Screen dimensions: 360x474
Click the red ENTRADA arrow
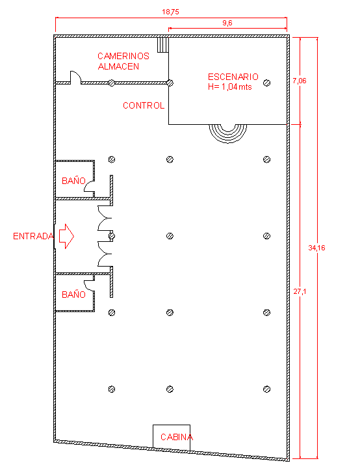tap(66, 236)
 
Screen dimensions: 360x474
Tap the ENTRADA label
tap(34, 236)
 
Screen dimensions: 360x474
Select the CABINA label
tap(177, 437)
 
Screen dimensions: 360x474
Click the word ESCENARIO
tap(233, 77)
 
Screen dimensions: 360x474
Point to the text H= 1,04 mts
tap(230, 87)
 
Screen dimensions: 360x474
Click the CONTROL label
tap(144, 105)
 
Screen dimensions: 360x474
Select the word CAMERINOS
tap(123, 56)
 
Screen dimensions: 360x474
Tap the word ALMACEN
tap(118, 66)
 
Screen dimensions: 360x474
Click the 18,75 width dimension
tap(171, 12)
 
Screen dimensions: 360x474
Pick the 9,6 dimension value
tap(227, 23)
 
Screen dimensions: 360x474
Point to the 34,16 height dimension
tap(317, 248)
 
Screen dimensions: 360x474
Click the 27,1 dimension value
tap(300, 292)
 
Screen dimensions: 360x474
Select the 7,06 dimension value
tap(300, 81)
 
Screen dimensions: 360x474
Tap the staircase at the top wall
tap(163, 45)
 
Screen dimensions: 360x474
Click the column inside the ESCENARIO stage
tap(266, 83)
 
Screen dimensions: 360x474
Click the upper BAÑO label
tap(73, 181)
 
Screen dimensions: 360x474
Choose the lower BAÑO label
tap(73, 295)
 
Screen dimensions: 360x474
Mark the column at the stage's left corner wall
tap(170, 83)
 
